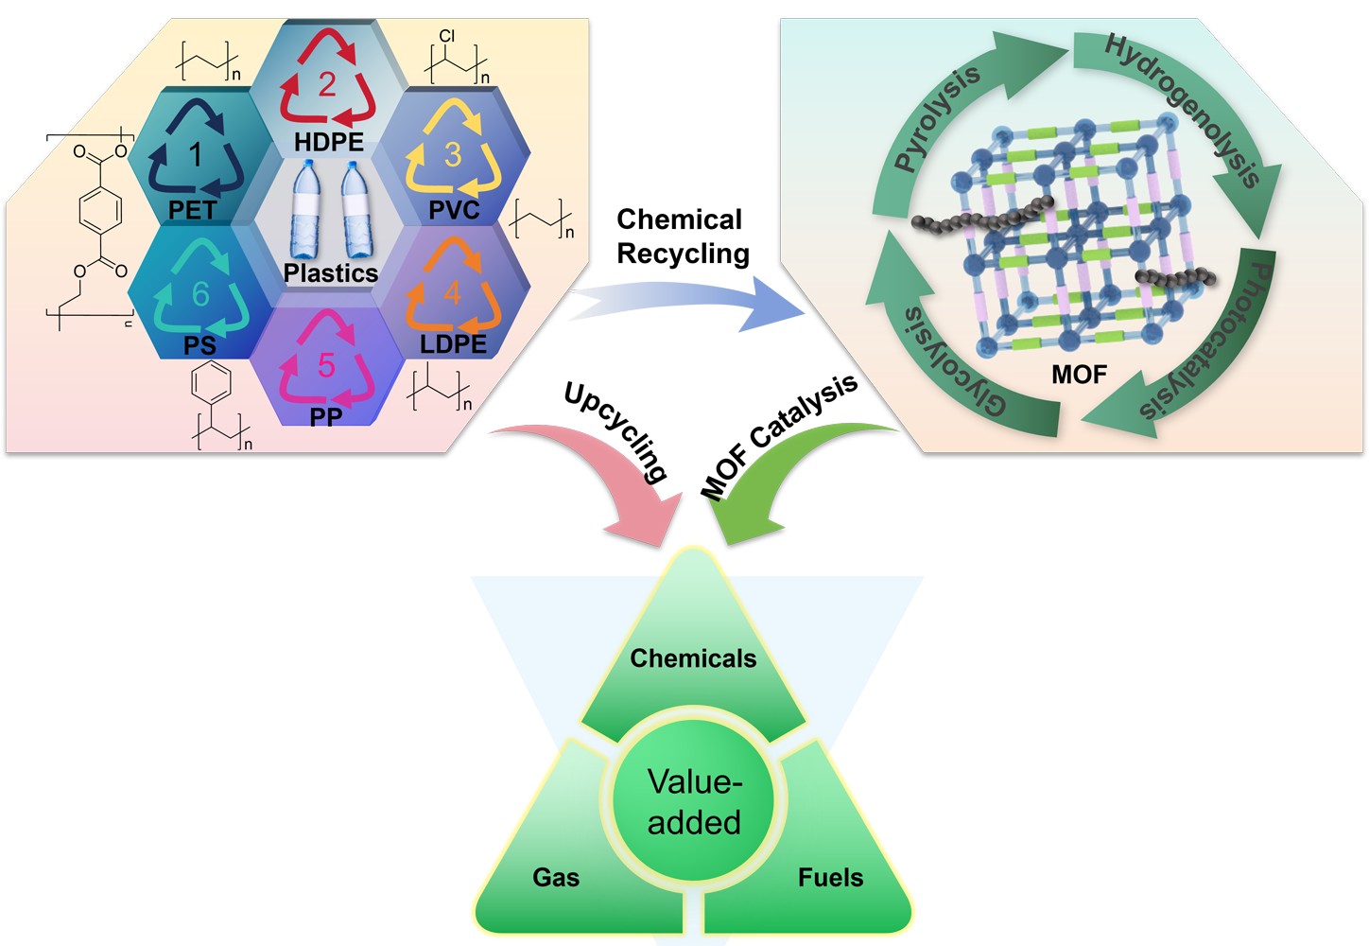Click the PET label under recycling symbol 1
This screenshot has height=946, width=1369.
[193, 209]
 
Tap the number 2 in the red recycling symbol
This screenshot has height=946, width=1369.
[327, 84]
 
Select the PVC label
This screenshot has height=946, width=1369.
[454, 209]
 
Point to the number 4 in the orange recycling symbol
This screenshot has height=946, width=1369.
[452, 292]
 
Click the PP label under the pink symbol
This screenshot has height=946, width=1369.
[326, 416]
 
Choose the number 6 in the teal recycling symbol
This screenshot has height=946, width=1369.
[200, 294]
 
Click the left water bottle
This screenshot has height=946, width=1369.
[306, 209]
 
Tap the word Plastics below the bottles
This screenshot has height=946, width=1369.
[330, 273]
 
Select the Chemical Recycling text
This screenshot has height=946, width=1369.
[682, 236]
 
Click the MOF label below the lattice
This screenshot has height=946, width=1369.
[1079, 375]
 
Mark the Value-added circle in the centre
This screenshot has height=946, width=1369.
[694, 802]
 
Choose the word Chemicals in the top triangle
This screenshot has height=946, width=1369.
[693, 658]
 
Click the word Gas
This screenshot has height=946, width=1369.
[556, 878]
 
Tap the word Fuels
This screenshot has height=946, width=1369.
[830, 878]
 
